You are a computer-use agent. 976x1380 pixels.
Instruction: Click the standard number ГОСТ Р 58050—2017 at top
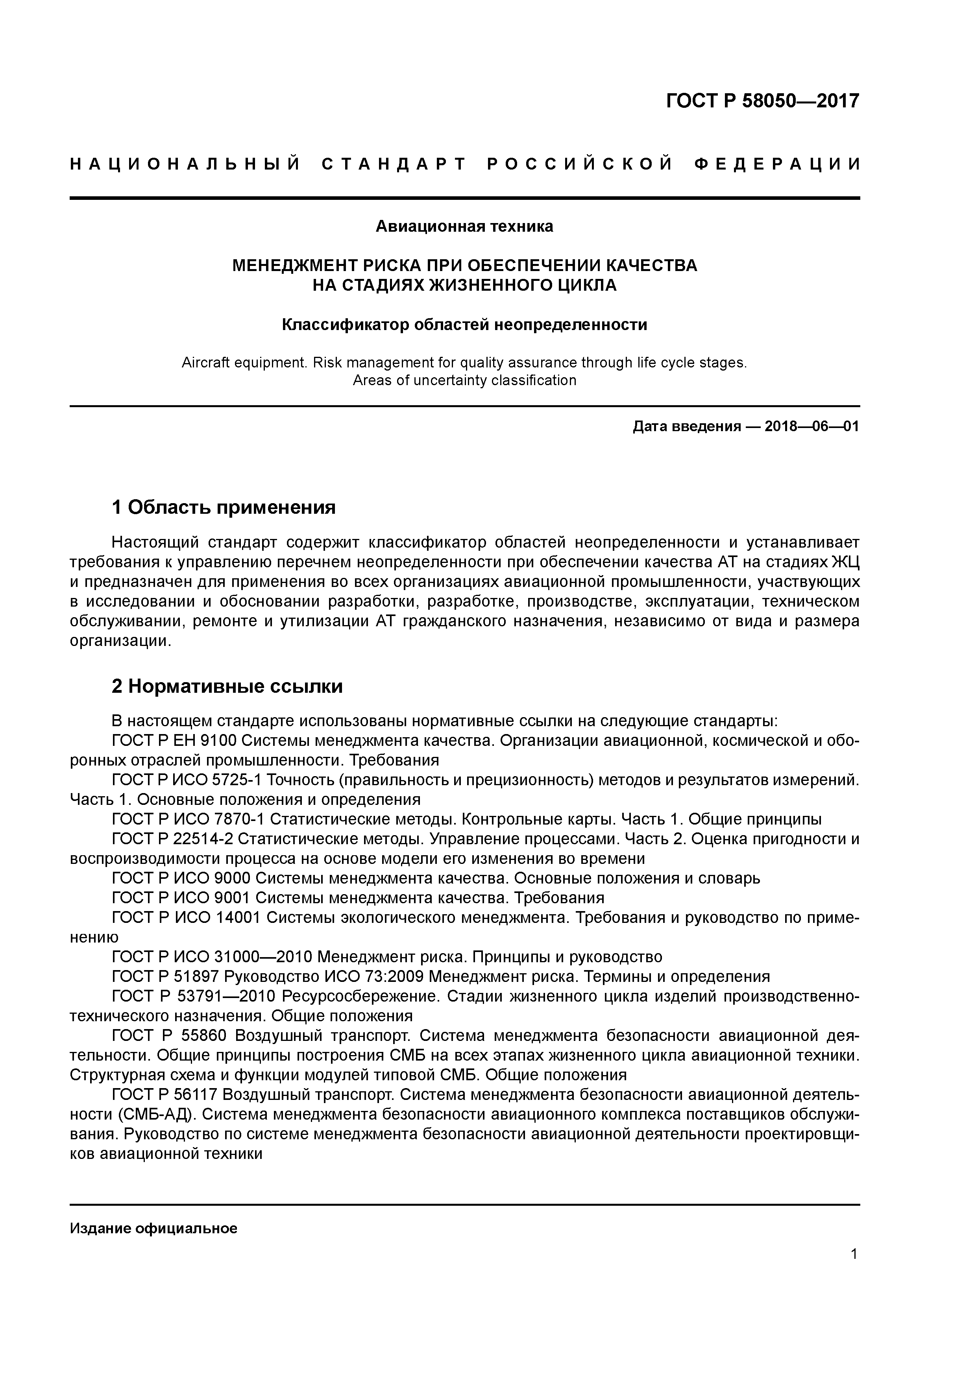763,101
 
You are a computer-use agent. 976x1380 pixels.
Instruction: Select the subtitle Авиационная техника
464,227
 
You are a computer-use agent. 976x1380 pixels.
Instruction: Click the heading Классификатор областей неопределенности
464,325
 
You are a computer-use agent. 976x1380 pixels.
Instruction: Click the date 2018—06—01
811,427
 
